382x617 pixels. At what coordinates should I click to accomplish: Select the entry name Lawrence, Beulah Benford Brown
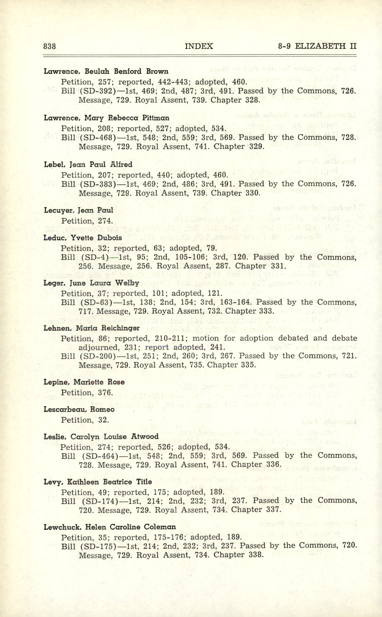click(106, 71)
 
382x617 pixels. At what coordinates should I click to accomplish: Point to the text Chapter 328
click(235, 100)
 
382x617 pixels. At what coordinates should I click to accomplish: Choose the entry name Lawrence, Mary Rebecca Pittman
click(106, 118)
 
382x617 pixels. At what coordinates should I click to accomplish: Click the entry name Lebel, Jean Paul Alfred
click(88, 164)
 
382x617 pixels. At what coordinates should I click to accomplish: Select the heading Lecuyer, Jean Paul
click(78, 210)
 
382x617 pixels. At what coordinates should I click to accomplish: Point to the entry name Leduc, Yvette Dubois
click(83, 238)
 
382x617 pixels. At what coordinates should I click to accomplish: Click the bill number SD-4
click(96, 257)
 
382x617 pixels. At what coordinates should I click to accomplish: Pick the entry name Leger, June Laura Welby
click(91, 283)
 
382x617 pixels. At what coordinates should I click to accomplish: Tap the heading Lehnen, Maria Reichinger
click(91, 328)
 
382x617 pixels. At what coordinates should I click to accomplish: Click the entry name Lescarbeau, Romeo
click(79, 409)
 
